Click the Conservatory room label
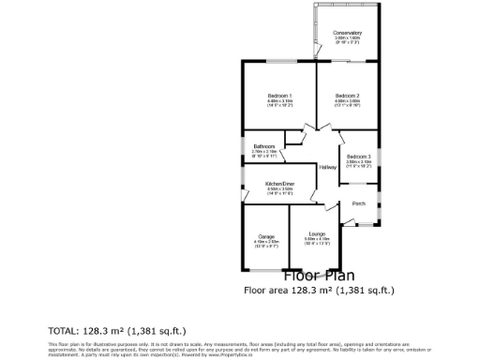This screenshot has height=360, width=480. tap(348, 33)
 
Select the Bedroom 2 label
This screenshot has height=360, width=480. tap(348, 96)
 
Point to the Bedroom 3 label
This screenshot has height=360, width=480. tap(358, 156)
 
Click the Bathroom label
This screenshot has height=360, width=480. tap(264, 146)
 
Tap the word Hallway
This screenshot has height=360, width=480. tap(326, 168)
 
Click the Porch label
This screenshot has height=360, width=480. tap(358, 203)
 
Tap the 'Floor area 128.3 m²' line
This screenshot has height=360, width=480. tap(320, 291)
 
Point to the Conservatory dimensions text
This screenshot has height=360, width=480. tap(348, 40)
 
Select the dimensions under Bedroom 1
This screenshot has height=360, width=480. tap(278, 104)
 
